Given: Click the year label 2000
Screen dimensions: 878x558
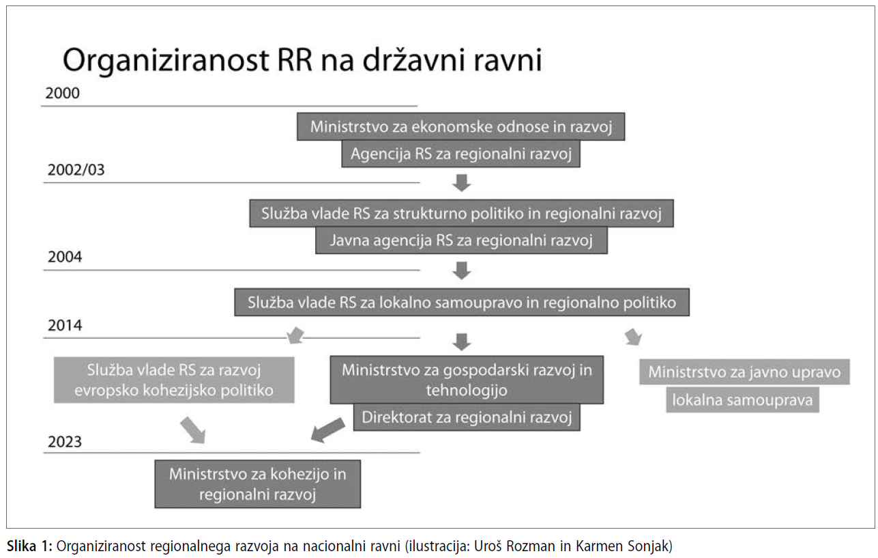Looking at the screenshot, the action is (x=62, y=94).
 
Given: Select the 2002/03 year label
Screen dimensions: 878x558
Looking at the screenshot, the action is (x=76, y=170).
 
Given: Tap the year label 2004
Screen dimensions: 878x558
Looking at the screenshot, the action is (x=65, y=257).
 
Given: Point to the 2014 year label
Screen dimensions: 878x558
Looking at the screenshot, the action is (x=65, y=325).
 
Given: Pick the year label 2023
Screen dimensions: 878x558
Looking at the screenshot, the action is (x=65, y=442).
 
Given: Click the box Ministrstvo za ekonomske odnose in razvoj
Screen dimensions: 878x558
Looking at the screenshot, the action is (x=461, y=127).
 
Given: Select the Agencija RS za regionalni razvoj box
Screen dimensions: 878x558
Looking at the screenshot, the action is (x=461, y=154).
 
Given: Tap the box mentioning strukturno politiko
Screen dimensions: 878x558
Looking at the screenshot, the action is (x=462, y=214).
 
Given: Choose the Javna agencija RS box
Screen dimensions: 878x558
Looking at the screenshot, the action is (x=462, y=240).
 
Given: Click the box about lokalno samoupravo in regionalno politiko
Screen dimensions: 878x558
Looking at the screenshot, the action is (x=462, y=303).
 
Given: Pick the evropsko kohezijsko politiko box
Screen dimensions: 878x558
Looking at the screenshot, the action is (x=174, y=380).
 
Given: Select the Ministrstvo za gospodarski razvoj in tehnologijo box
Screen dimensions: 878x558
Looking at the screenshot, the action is (x=467, y=380).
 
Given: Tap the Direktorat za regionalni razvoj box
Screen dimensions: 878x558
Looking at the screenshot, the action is (x=467, y=417).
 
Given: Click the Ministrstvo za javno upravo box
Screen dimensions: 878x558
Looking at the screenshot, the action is (x=745, y=372).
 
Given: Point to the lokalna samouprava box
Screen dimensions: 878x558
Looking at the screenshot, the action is (x=743, y=400).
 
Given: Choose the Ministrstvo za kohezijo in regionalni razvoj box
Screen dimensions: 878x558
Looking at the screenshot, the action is (x=257, y=484).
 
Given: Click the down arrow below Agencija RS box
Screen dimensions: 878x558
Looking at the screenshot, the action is (x=462, y=183).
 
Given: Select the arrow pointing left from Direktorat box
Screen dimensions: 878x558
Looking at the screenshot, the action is (x=327, y=430).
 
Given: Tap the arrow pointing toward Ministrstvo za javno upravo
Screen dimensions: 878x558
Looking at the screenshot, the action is (x=633, y=337).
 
